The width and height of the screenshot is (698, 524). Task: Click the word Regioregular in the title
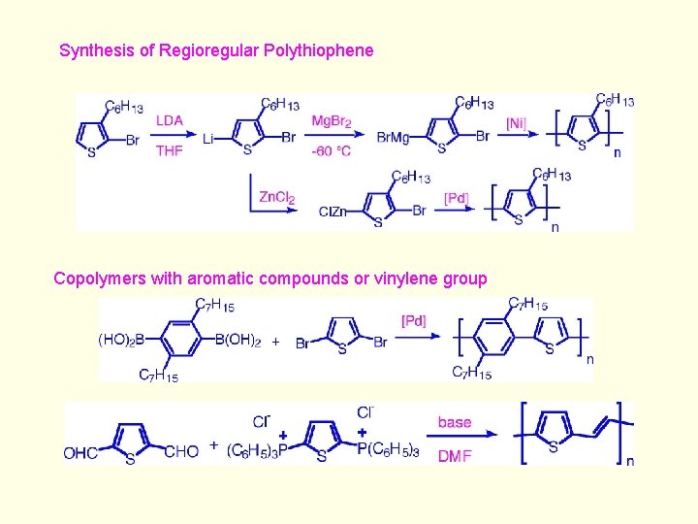tap(206, 50)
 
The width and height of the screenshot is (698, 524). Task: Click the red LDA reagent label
tap(170, 120)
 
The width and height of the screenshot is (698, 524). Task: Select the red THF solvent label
tap(170, 150)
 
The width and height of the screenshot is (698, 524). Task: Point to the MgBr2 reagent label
tap(332, 120)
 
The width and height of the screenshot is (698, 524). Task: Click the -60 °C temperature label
tap(332, 150)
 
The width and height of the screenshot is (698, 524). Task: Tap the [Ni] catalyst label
tap(518, 123)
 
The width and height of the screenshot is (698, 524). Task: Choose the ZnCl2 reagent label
tap(276, 197)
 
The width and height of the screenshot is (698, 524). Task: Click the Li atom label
tap(208, 139)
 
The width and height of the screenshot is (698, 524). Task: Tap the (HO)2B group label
tap(121, 339)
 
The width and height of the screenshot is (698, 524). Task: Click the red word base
tap(455, 422)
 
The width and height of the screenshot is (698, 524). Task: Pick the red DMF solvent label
tap(455, 454)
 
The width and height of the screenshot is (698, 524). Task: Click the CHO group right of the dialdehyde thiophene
tap(181, 451)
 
